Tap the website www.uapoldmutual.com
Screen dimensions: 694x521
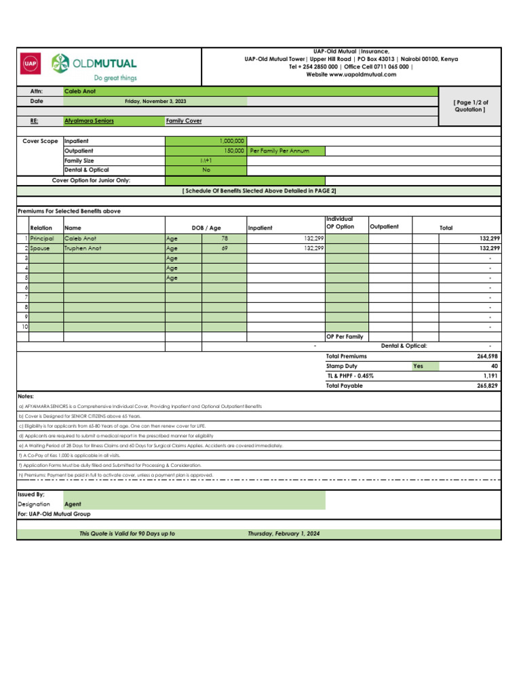pos(351,75)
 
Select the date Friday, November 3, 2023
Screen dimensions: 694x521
pos(155,101)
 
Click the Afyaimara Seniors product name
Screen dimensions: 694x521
pos(89,121)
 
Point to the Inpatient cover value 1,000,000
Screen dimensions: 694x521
pos(231,140)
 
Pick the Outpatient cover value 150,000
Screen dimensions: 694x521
pos(233,150)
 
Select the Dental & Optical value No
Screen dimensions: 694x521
pos(206,170)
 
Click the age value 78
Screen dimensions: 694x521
pos(225,239)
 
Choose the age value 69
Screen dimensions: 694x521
pos(225,249)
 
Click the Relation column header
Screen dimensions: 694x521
pos(41,228)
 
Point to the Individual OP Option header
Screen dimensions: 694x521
pos(340,223)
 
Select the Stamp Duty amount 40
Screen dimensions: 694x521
pos(495,366)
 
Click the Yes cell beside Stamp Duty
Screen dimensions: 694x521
pos(419,366)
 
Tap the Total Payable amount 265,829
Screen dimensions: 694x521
pos(488,386)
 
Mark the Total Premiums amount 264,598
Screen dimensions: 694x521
pos(488,356)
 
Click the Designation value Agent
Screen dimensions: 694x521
pos(73,504)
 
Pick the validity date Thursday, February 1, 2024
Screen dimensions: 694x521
pos(284,534)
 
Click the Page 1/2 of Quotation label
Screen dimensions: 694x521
pos(469,106)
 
